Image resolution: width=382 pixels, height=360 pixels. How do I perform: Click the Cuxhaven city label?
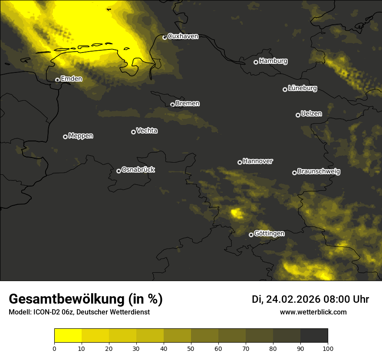tap(183, 36)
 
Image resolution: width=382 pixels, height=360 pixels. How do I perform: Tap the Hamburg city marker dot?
tap(256, 62)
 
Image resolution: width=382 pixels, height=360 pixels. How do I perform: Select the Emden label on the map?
tap(71, 79)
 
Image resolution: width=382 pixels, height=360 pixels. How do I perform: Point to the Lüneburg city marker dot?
tap(285, 89)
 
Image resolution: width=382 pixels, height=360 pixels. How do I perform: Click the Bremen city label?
tap(188, 104)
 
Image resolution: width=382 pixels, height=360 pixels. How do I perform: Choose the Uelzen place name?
tap(311, 114)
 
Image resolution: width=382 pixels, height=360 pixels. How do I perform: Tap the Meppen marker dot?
tap(65, 137)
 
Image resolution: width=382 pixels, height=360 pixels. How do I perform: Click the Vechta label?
tap(147, 131)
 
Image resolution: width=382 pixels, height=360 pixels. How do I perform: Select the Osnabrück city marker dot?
tap(119, 171)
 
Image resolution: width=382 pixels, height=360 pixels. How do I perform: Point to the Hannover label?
tap(258, 161)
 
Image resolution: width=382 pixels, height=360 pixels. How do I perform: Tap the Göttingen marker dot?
tap(251, 235)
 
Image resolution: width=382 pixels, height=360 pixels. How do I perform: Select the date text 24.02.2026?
tap(293, 299)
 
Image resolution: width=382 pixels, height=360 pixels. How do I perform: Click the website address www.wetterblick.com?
tap(313, 312)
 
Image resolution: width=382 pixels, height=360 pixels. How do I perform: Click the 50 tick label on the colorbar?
tap(191, 348)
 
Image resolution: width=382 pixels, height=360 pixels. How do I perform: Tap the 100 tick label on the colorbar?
tap(328, 348)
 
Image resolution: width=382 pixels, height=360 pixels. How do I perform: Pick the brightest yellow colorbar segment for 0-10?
tap(68, 336)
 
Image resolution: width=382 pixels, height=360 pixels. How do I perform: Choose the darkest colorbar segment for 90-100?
tap(314, 336)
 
